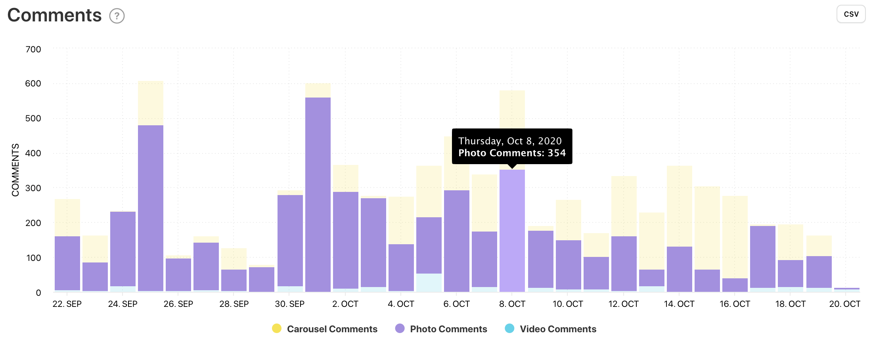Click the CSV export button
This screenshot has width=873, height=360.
tap(851, 14)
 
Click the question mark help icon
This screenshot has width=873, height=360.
tap(117, 16)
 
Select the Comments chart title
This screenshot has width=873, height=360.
tap(54, 15)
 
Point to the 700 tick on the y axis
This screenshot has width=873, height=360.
tap(33, 50)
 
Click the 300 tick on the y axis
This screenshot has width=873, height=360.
tap(33, 188)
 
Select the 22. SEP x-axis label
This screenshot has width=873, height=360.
tap(67, 304)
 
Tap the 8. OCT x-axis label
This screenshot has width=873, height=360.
tap(512, 304)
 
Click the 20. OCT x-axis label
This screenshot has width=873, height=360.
tap(844, 304)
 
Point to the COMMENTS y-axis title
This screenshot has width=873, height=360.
tap(15, 170)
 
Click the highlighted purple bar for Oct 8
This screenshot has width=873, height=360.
tap(512, 230)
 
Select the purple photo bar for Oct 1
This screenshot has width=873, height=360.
tap(318, 194)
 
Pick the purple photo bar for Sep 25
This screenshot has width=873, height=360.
tap(151, 208)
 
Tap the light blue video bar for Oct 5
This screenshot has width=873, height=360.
tap(429, 283)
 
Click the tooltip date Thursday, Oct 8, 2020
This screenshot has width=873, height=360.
tap(510, 141)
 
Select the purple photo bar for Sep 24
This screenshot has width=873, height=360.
tap(123, 249)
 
